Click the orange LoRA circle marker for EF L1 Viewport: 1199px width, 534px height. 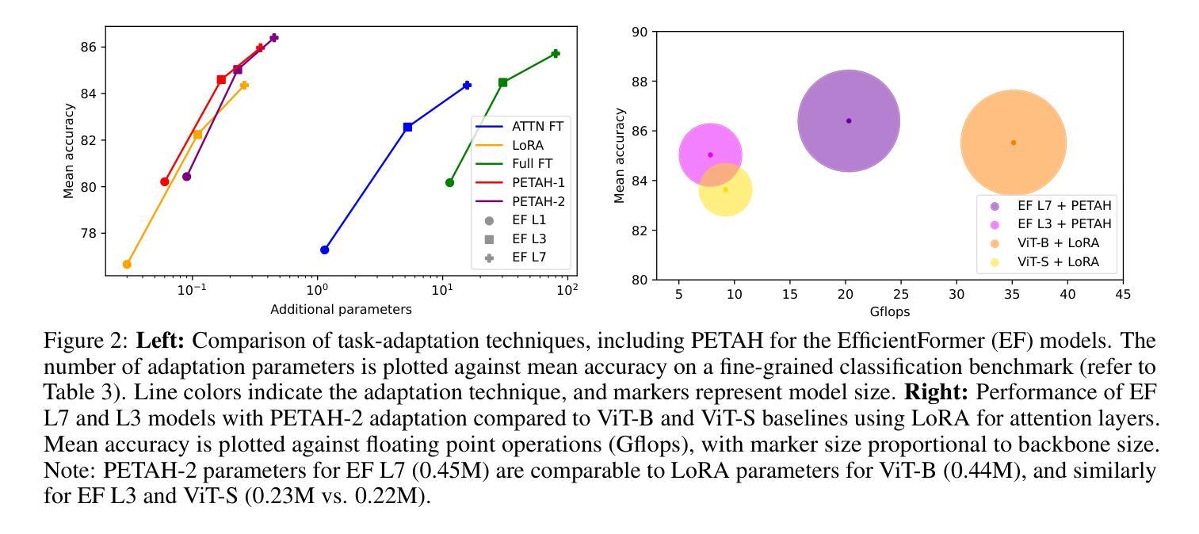[x=127, y=264]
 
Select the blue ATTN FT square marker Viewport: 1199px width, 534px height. [x=407, y=127]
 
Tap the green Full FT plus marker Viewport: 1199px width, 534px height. [x=556, y=54]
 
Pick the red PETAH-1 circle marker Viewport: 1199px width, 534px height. [x=165, y=181]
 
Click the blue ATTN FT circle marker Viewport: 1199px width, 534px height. [x=324, y=250]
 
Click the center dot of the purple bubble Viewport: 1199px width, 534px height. [x=849, y=121]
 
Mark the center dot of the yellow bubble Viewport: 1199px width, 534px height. [x=725, y=190]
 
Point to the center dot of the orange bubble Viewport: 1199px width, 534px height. [x=1013, y=143]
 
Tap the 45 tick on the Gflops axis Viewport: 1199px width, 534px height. [x=1123, y=295]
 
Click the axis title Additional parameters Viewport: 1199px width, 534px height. [x=341, y=309]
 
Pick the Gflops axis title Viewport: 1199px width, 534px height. [x=889, y=311]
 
